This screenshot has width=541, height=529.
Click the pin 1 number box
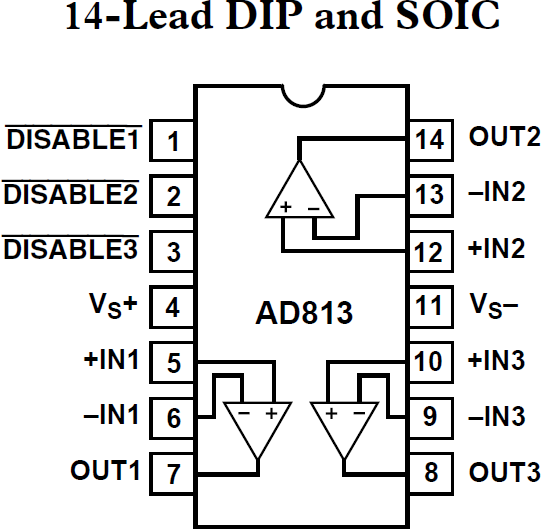point(173,141)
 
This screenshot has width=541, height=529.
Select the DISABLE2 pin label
point(70,195)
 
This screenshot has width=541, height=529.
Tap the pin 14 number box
point(429,140)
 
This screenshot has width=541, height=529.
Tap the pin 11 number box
point(429,305)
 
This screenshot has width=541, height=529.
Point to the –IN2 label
point(497,193)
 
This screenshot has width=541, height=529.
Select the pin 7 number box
point(173,470)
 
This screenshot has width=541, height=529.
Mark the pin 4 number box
point(173,306)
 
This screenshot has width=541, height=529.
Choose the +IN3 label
point(497,360)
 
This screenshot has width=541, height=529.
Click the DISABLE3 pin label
point(70,250)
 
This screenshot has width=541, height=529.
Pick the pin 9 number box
point(429,415)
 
